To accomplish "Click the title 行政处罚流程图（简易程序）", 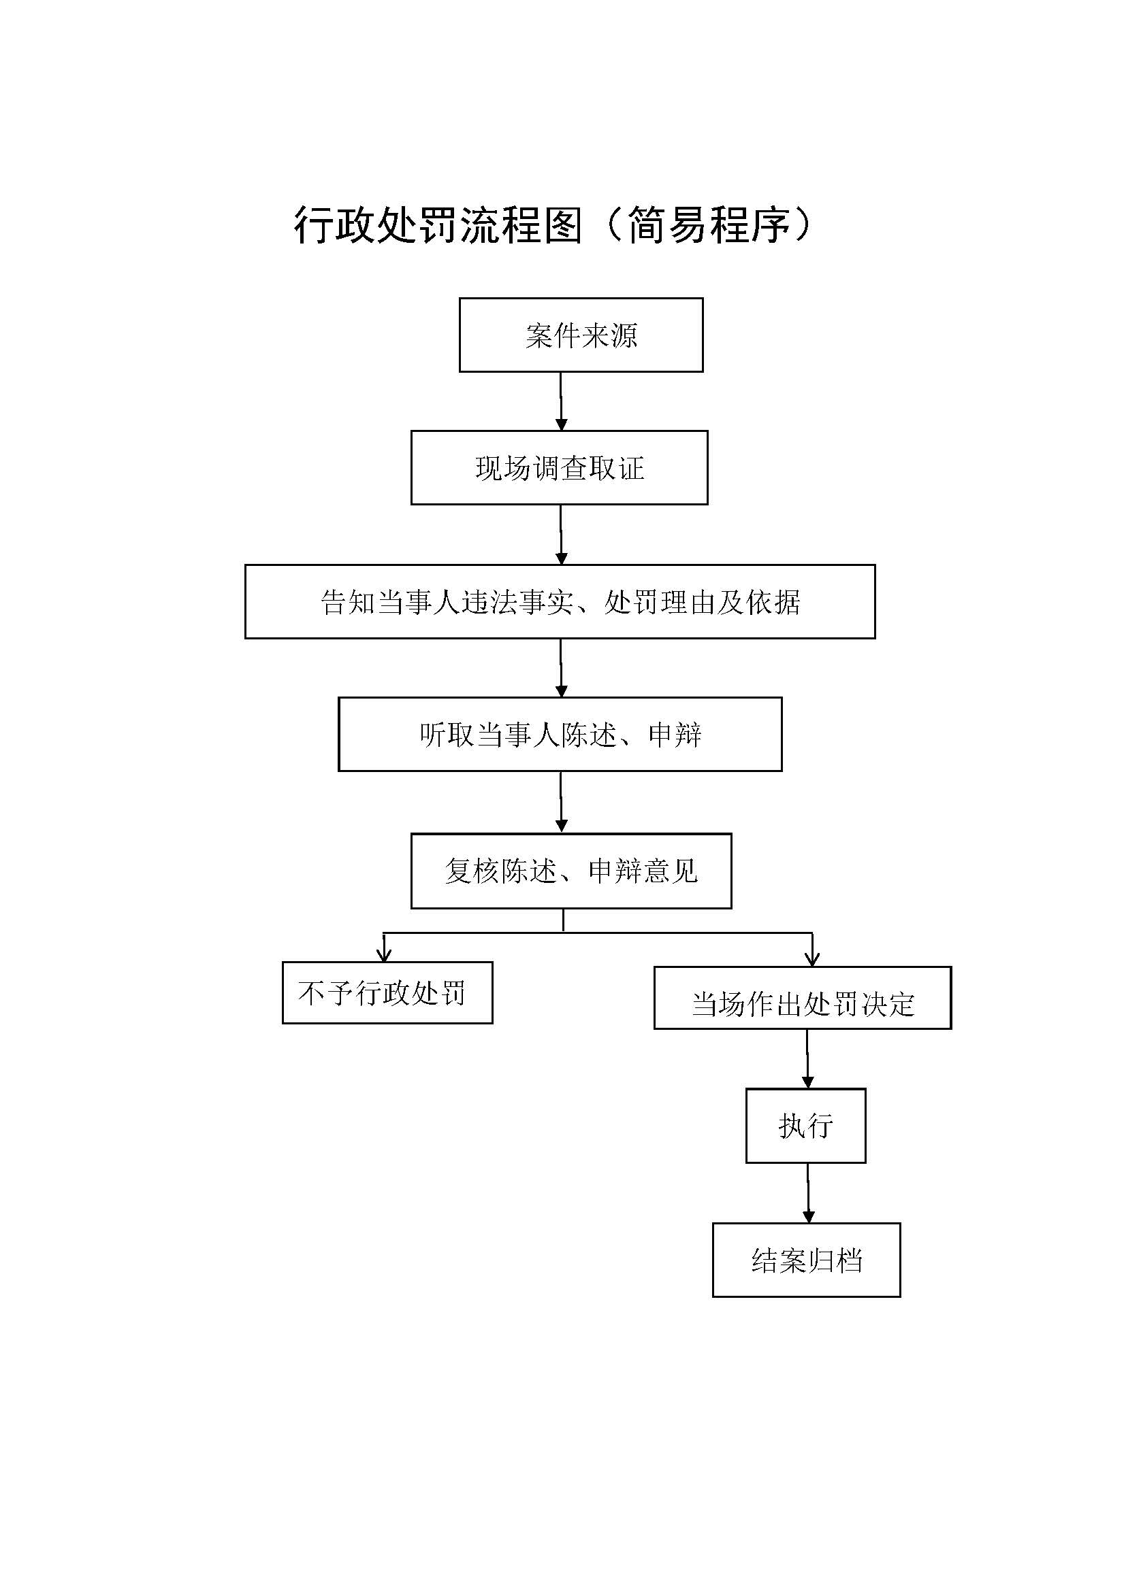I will click(x=553, y=225).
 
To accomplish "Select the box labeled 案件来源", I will click(x=581, y=335).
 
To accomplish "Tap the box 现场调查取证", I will click(x=559, y=468).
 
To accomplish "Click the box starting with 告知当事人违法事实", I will click(x=560, y=601).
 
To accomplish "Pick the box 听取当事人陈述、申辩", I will click(x=560, y=735).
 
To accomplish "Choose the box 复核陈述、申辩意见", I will click(x=570, y=871).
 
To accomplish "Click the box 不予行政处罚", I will click(x=387, y=992).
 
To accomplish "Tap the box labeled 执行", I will click(x=805, y=1125).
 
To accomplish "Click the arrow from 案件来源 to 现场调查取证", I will click(x=561, y=402).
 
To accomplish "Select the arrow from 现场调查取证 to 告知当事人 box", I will click(x=561, y=534).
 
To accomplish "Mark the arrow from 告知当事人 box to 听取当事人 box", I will click(x=561, y=668).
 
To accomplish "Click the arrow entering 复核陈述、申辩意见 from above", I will click(x=561, y=802).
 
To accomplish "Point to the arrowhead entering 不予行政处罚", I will click(x=384, y=955).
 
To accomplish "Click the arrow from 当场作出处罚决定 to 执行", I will click(x=807, y=1059).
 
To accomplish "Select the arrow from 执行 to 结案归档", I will click(x=808, y=1192).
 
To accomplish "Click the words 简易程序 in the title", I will click(x=708, y=225).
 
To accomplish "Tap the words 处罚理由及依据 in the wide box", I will click(x=702, y=601).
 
